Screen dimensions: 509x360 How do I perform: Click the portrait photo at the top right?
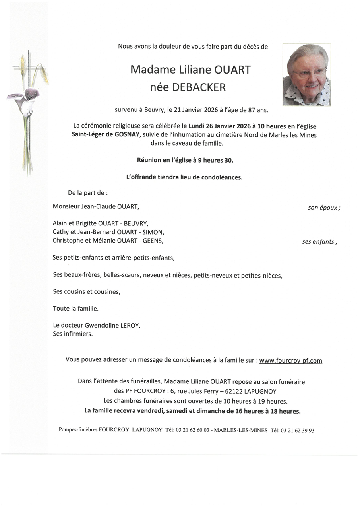(306, 75)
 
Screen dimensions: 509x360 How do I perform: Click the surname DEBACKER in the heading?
(199, 87)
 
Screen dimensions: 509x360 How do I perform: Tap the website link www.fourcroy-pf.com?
(290, 361)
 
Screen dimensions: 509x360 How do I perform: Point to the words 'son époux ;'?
(324, 208)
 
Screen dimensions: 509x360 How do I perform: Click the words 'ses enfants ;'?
(319, 241)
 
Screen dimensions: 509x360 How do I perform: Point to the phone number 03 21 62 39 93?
(298, 430)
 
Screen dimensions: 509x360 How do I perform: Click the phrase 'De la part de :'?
(88, 193)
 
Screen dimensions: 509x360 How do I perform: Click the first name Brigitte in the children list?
(89, 223)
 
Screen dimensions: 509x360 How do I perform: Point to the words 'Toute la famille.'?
(75, 308)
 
